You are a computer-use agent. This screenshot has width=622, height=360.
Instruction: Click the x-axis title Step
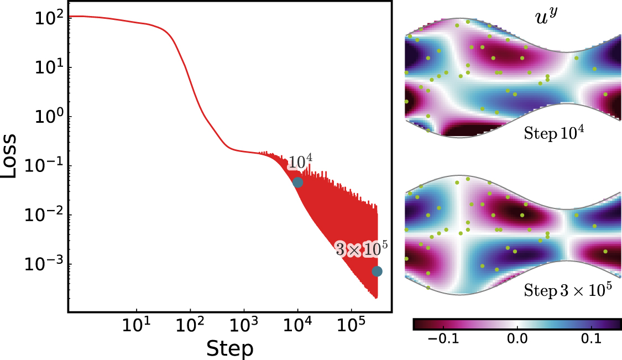pyautogui.click(x=229, y=348)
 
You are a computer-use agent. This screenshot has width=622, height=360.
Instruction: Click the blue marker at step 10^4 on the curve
pyautogui.click(x=297, y=182)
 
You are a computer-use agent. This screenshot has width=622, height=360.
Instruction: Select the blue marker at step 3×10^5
pyautogui.click(x=377, y=271)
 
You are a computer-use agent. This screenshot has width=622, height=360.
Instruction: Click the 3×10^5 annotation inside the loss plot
pyautogui.click(x=360, y=249)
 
